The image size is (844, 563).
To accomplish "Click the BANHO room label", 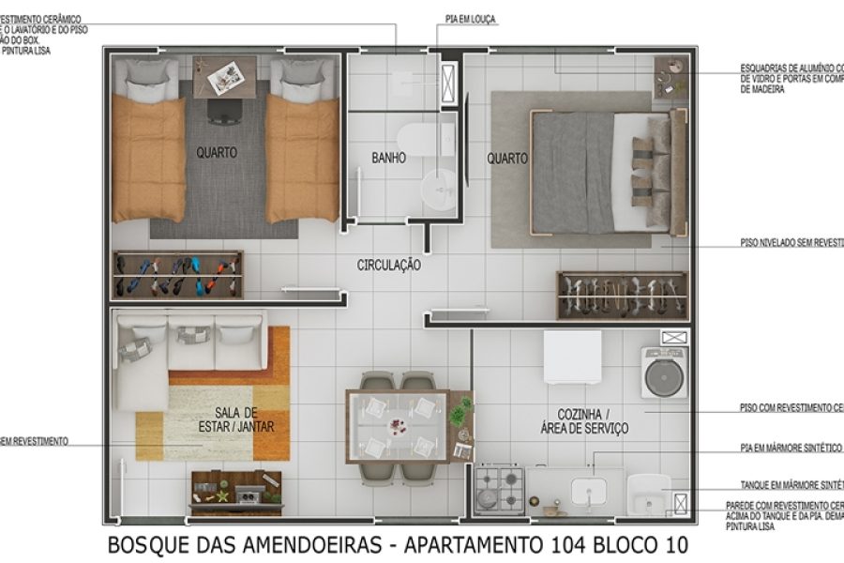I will [x=388, y=159].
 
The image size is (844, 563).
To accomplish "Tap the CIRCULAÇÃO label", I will [x=388, y=266].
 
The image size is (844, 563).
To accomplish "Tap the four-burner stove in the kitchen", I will [x=499, y=487].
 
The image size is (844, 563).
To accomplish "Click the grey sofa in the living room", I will [x=188, y=342].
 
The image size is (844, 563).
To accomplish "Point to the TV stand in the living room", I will [x=235, y=492].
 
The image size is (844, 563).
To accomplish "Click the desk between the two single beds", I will [x=225, y=77].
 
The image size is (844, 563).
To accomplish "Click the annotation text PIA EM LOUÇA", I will [x=472, y=19].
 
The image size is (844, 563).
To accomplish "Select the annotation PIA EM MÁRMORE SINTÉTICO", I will [x=790, y=449].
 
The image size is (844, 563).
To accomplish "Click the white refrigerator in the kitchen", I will [x=572, y=357].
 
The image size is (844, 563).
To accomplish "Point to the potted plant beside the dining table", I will [x=461, y=411].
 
